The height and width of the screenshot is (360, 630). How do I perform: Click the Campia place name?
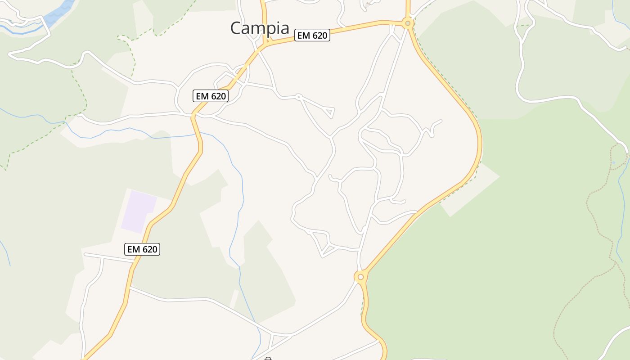click(x=260, y=28)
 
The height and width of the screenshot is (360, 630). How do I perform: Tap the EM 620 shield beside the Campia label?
click(x=312, y=35)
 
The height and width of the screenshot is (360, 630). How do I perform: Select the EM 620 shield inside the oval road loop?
click(x=211, y=96)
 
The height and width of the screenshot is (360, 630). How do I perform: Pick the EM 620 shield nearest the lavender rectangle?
click(x=142, y=249)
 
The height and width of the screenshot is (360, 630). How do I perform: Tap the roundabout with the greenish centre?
click(x=408, y=23)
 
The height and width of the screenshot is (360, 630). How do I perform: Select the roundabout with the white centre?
click(x=360, y=277)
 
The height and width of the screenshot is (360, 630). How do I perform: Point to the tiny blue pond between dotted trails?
click(x=613, y=162)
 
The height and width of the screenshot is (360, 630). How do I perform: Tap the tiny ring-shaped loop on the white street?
click(x=298, y=96)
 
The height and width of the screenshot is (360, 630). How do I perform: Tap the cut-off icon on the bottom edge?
click(x=268, y=359)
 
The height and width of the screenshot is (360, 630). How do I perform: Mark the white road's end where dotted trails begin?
click(x=627, y=152)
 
